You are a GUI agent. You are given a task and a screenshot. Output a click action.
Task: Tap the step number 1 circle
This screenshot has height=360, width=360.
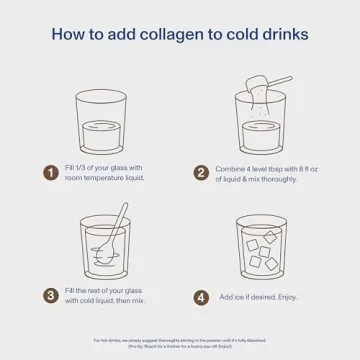coord(50,173)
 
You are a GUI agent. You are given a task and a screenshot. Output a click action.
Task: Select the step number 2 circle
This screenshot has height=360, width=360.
coord(201,173)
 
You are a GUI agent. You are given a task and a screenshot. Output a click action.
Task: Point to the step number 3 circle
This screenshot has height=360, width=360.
coord(50,296)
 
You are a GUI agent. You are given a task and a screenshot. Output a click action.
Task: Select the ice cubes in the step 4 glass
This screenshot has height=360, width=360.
coord(262,250)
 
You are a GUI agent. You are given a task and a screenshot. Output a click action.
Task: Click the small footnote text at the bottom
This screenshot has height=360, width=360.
coord(180,342)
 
